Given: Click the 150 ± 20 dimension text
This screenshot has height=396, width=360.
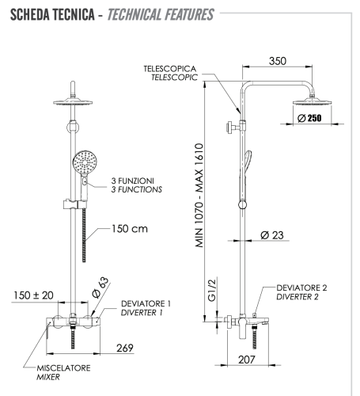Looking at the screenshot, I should click(x=33, y=295).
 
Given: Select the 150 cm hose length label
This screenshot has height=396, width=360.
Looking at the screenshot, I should click(x=128, y=229).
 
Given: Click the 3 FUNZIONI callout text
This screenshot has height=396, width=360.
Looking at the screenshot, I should click(x=135, y=181).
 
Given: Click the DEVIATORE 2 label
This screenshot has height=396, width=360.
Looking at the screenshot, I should click(x=302, y=288).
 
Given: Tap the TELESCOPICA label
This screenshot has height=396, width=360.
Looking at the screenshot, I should click(x=170, y=70).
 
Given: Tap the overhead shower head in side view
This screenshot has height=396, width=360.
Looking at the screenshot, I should click(x=310, y=102).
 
